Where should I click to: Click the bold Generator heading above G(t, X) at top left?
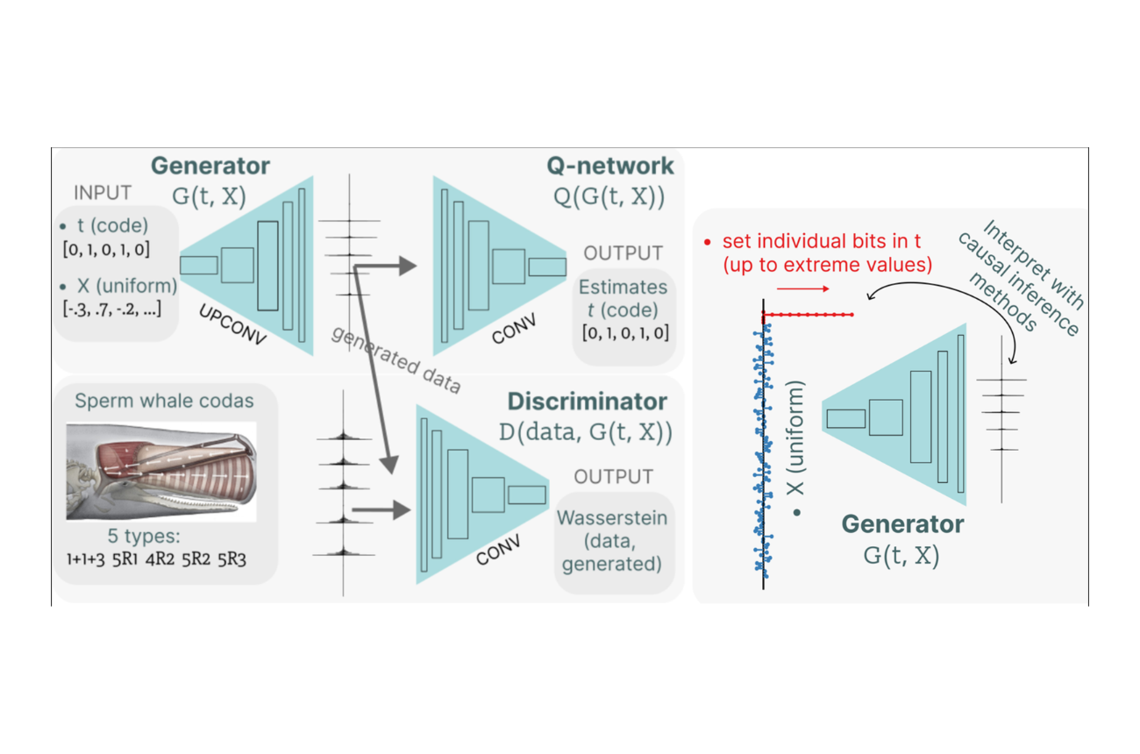(210, 166)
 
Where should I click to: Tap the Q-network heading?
(610, 166)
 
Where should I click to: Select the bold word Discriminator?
(588, 402)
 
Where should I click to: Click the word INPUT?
(103, 193)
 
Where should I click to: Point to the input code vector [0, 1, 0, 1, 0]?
(106, 249)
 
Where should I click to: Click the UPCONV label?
(232, 324)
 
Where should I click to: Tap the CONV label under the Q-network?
(514, 328)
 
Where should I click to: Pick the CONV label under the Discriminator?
(498, 550)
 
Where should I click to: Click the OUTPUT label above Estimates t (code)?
(623, 253)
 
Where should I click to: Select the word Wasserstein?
(612, 518)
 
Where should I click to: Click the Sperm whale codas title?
(164, 401)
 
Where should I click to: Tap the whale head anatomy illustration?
(161, 472)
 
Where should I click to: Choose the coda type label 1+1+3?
(86, 559)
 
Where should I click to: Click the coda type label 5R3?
(232, 559)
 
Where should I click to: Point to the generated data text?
(396, 359)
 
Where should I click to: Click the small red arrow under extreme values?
(802, 289)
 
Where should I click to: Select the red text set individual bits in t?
(822, 241)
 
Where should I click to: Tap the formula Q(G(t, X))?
(609, 196)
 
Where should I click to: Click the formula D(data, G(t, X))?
(585, 432)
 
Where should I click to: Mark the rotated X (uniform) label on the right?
(795, 438)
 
